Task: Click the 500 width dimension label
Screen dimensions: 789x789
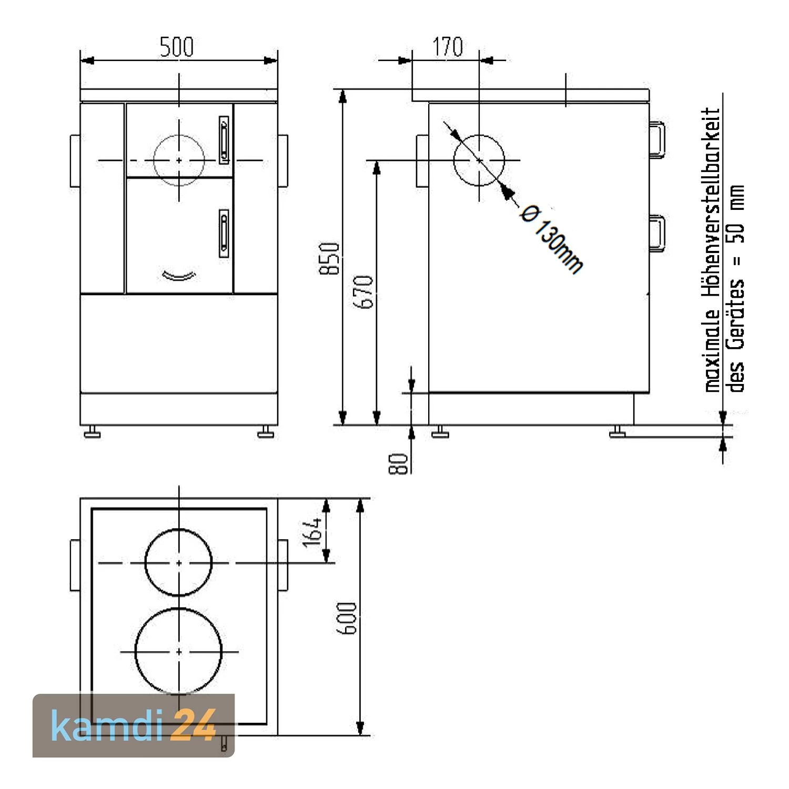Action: pos(177,47)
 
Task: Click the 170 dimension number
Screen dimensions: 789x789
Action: pos(448,47)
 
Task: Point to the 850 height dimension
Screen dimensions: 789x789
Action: pos(330,258)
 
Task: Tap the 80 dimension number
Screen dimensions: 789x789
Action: pos(399,463)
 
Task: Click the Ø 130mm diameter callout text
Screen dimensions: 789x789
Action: pos(551,239)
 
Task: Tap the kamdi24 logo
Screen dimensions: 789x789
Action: pos(134,725)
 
